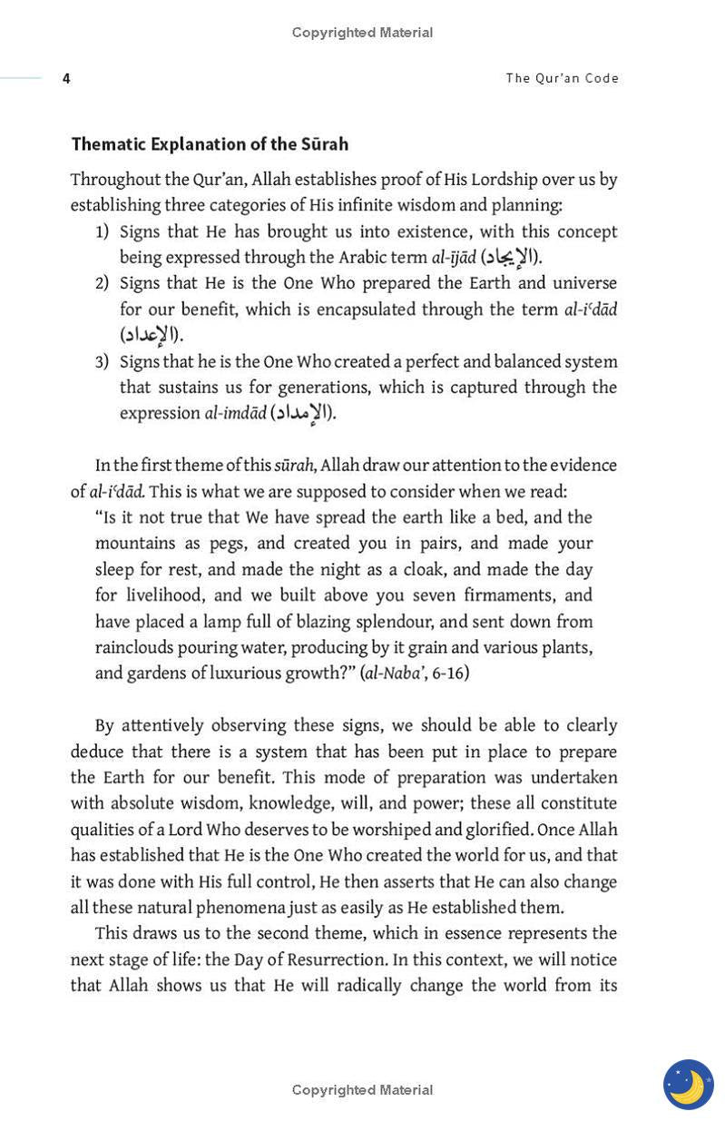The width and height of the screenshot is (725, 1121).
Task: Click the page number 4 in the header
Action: point(66,79)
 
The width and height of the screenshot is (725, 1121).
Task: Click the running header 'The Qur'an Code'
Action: point(562,78)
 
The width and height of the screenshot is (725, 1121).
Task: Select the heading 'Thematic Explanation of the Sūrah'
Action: point(210,144)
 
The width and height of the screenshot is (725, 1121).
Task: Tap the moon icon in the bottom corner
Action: point(688,1084)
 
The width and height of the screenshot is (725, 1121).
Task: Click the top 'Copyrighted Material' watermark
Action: point(362,33)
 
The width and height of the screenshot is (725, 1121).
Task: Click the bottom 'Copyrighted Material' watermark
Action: point(362,1089)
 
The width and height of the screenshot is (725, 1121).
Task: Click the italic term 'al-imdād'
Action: point(235,414)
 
